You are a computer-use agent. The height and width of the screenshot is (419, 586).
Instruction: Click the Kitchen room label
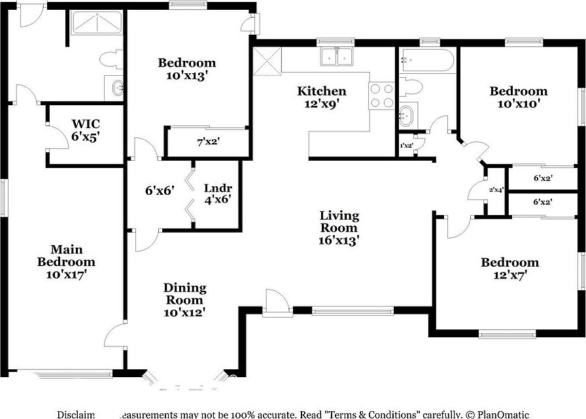[322, 91]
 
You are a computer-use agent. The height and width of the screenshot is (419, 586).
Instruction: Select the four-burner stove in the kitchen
[382, 95]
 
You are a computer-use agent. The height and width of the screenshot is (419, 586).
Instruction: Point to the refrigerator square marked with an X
[266, 61]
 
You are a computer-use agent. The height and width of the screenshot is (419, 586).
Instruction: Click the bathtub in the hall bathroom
[427, 60]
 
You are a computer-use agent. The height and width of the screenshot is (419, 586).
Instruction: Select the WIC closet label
[86, 124]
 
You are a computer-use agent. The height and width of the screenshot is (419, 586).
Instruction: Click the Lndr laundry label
[218, 188]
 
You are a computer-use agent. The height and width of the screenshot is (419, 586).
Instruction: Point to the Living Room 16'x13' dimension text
[339, 240]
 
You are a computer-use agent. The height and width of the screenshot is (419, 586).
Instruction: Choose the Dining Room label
[184, 293]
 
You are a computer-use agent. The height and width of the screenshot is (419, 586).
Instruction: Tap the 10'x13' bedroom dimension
[187, 75]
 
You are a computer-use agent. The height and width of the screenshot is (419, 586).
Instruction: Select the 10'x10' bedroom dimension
[519, 103]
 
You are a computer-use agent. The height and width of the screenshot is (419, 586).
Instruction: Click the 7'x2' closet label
[207, 141]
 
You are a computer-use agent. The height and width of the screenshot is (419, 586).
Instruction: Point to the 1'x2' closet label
[406, 146]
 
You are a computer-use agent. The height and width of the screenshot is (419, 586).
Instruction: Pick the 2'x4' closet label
[496, 190]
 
